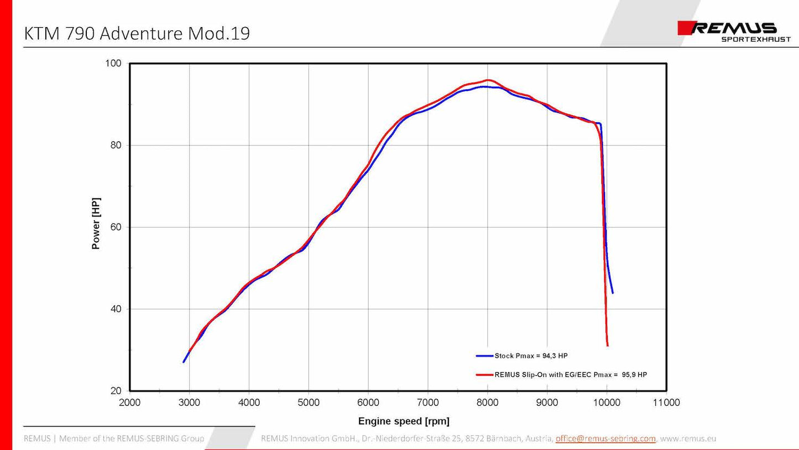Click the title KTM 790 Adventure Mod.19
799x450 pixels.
pos(137,34)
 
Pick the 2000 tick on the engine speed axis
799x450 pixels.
pos(129,402)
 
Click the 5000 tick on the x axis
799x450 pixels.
pos(309,402)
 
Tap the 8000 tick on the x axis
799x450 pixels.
pos(487,402)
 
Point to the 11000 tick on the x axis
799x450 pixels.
pos(666,402)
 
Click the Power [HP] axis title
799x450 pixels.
pos(96,223)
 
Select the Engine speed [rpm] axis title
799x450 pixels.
pos(404,422)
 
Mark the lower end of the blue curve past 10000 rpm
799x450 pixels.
pos(612,292)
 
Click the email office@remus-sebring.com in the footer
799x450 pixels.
pos(605,438)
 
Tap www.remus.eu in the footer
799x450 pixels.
pos(688,438)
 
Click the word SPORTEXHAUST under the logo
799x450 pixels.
pos(756,39)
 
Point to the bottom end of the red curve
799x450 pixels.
pos(608,345)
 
